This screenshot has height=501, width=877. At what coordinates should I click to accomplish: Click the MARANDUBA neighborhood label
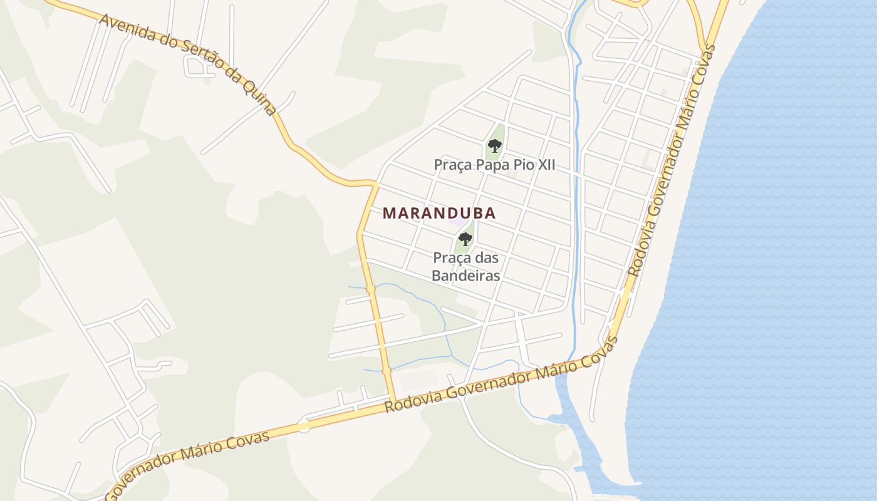tap(439, 213)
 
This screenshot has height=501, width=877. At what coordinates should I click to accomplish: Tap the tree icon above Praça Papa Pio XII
tap(495, 147)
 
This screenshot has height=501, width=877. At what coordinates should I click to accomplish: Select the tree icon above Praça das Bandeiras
tap(465, 239)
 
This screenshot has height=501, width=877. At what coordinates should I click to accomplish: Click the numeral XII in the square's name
tap(544, 165)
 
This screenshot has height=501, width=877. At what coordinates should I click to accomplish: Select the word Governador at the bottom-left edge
tap(144, 470)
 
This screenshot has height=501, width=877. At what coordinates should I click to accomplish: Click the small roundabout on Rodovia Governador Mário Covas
tap(304, 426)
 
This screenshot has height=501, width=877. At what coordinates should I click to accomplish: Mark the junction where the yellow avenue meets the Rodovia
tap(393, 402)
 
